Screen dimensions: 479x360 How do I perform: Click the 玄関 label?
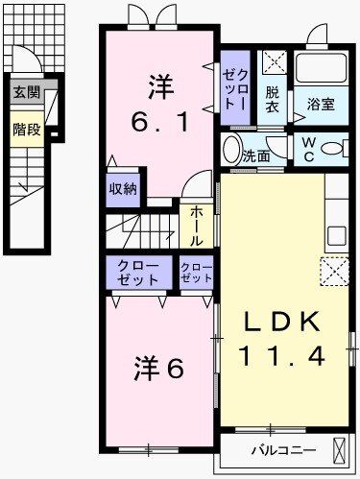click(x=26, y=94)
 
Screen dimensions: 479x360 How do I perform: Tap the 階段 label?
click(x=26, y=129)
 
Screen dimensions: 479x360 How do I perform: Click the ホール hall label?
click(x=195, y=225)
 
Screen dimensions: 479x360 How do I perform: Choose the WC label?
click(x=309, y=150)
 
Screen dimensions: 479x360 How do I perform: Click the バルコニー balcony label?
click(x=278, y=448)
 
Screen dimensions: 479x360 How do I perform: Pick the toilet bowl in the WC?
click(x=332, y=149)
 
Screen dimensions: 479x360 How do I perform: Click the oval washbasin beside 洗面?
click(x=230, y=150)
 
